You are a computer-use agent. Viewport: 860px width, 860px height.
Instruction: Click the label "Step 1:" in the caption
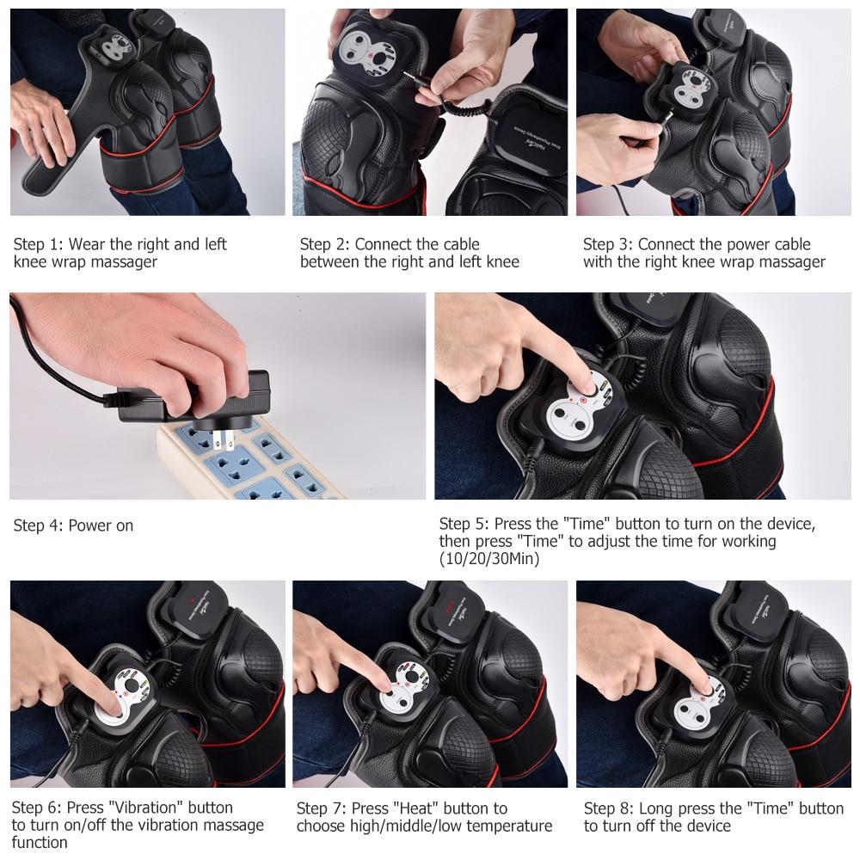pyautogui.click(x=39, y=244)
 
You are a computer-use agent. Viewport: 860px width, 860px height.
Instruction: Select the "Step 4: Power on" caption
pyautogui.click(x=73, y=525)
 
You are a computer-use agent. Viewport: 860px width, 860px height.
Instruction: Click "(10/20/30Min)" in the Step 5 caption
pyautogui.click(x=489, y=559)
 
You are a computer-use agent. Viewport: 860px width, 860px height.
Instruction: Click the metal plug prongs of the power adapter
pyautogui.click(x=225, y=441)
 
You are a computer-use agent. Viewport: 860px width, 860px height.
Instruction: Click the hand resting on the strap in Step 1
pyautogui.click(x=39, y=129)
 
